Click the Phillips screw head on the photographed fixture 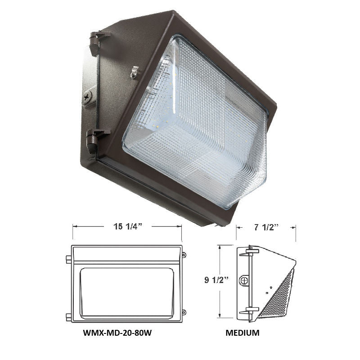pos(87,95)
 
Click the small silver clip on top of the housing pos(134,72)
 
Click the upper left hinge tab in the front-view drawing pos(68,259)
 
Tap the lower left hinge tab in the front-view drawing pos(68,316)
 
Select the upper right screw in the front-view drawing pos(184,255)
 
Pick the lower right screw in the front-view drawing pos(184,311)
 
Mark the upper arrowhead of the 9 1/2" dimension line pos(219,246)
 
